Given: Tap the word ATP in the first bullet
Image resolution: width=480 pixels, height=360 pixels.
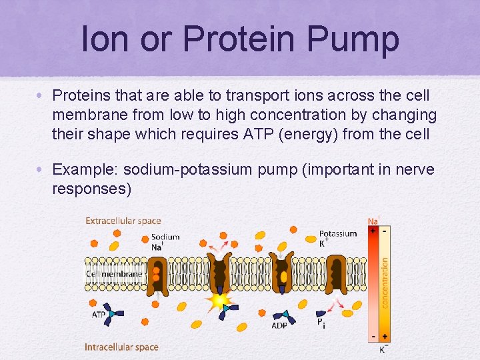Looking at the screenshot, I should pyautogui.click(x=282, y=134).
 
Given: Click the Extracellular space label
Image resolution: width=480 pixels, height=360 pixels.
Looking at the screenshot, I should pyautogui.click(x=123, y=221).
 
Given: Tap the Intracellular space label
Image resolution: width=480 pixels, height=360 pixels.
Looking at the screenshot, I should pyautogui.click(x=121, y=347).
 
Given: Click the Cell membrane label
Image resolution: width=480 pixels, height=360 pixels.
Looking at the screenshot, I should pyautogui.click(x=114, y=274).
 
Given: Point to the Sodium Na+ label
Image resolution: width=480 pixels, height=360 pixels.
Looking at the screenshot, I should pyautogui.click(x=165, y=241).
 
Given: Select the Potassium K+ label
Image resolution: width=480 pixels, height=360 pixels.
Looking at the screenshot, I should pyautogui.click(x=337, y=238).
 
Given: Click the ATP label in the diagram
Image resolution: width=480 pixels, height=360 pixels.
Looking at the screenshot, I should pyautogui.click(x=99, y=314).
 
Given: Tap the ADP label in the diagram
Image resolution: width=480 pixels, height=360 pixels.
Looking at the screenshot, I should pyautogui.click(x=280, y=326).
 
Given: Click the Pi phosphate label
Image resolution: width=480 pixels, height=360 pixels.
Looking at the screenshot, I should pyautogui.click(x=321, y=323).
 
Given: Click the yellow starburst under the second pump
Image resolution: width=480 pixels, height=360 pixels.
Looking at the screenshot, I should pyautogui.click(x=218, y=302).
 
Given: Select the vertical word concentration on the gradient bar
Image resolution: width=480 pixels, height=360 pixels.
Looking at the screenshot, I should pyautogui.click(x=385, y=283).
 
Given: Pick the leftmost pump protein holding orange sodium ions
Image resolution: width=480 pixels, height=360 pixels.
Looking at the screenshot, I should pyautogui.click(x=157, y=273).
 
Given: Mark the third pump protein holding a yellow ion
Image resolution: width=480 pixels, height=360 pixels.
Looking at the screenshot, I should pyautogui.click(x=283, y=273).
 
